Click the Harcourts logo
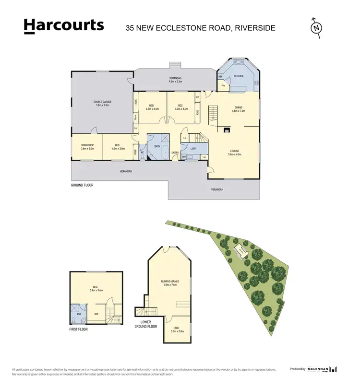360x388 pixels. point(64,26)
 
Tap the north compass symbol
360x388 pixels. point(316,28)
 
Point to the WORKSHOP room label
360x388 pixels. point(87,145)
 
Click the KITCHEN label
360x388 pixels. point(239,76)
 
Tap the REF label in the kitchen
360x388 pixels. point(221,77)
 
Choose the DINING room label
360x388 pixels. point(239,107)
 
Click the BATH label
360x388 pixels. point(157,147)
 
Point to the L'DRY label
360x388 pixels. point(193,149)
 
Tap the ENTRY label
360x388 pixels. point(175,153)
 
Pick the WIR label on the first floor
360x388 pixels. point(96,315)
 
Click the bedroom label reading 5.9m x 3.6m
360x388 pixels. point(96,290)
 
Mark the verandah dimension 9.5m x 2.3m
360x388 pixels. point(175,82)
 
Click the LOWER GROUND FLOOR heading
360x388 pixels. point(145,324)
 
